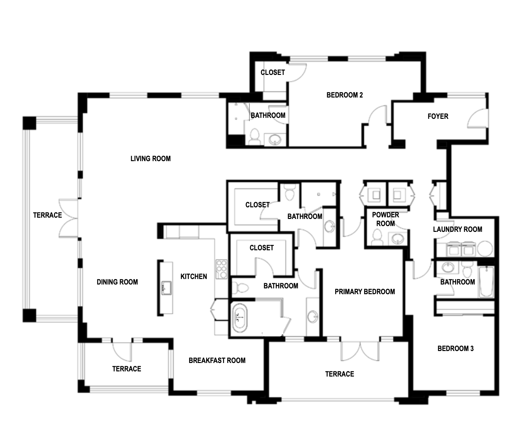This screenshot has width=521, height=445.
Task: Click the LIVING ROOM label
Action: click(151, 159)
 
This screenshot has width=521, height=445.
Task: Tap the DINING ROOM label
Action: click(117, 282)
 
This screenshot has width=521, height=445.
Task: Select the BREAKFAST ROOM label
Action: click(217, 360)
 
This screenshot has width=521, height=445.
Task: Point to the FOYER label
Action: click(438, 116)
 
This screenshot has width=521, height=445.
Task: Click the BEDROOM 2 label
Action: click(345, 95)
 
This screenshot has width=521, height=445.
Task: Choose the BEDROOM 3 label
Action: click(455, 348)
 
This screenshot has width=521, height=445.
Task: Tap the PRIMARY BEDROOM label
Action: click(365, 292)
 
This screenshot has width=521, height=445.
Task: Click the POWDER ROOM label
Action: click(386, 219)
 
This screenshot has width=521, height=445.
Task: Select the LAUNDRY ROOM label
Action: click(458, 229)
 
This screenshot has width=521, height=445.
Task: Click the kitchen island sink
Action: click(166, 287)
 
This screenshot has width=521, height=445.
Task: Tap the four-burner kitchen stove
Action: click(221, 269)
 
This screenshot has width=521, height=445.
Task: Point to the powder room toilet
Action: click(376, 237)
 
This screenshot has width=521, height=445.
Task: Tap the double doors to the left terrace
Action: click(69, 218)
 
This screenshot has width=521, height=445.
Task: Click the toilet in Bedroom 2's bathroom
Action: click(255, 137)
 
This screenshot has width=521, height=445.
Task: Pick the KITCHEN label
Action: click(194, 276)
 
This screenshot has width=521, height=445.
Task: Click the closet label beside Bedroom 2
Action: click(273, 72)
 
